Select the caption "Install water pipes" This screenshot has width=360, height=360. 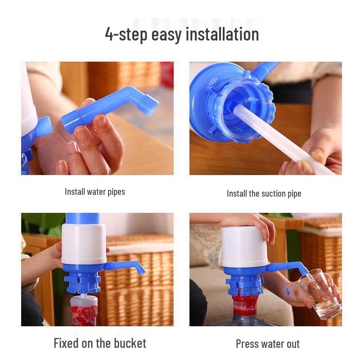pos(95,192)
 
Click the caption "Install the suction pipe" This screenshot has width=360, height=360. pos(264,193)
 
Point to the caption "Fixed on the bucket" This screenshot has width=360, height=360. pos(100,343)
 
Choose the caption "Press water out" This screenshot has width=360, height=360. pos(268,344)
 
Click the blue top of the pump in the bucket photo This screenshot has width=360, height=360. pos(83,218)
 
